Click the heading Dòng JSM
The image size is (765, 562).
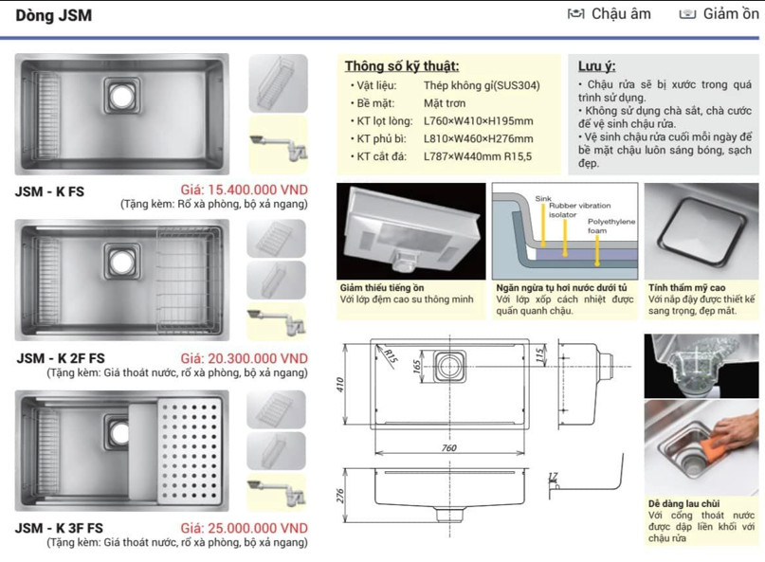(54, 16)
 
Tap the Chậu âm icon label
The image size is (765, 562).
(621, 13)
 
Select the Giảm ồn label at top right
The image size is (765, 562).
(731, 13)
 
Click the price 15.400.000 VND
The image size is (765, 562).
(244, 190)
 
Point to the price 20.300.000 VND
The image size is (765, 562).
(244, 358)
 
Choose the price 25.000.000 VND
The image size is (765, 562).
(244, 528)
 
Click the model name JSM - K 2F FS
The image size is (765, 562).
(61, 358)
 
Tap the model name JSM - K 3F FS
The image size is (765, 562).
(61, 528)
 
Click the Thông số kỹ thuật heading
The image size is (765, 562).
(402, 66)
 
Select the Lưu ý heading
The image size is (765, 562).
(596, 66)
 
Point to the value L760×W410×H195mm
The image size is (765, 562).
(478, 121)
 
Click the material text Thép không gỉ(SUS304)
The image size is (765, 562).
(482, 85)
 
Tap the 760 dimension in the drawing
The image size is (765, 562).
(448, 448)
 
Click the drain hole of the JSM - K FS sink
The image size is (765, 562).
(120, 95)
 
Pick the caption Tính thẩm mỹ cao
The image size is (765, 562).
(687, 286)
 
